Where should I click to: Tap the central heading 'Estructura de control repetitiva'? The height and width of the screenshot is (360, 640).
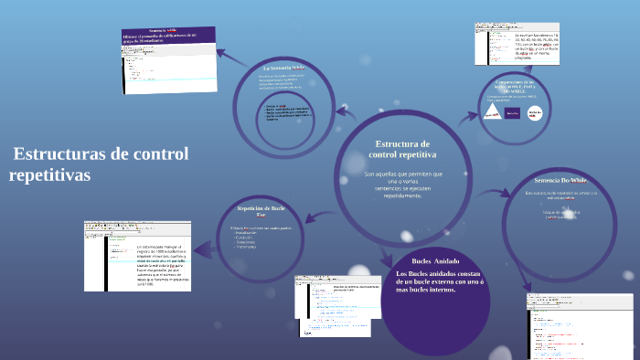(x=402, y=150)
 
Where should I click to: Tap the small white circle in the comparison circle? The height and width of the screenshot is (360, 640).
(x=536, y=112)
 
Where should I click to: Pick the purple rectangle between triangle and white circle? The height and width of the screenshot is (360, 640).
(x=512, y=113)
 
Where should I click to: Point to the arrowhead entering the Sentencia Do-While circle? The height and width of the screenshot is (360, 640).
(x=509, y=193)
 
